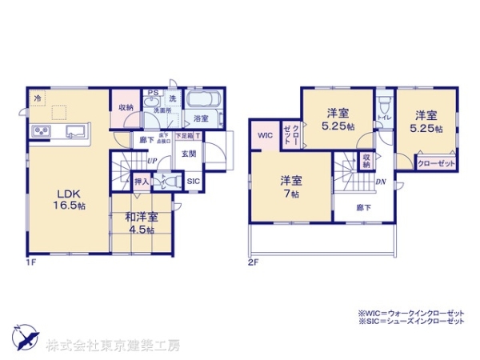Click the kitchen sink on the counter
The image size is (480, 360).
click(x=74, y=131)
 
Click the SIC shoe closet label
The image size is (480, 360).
click(x=194, y=182)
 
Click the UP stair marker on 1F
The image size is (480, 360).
click(x=151, y=160)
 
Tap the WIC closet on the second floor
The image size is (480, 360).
click(x=265, y=135)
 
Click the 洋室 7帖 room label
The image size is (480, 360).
click(x=290, y=186)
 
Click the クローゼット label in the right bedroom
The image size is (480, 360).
click(x=436, y=163)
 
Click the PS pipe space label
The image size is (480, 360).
click(x=151, y=92)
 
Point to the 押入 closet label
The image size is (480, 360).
click(x=140, y=182)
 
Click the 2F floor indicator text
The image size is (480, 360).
click(x=252, y=262)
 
